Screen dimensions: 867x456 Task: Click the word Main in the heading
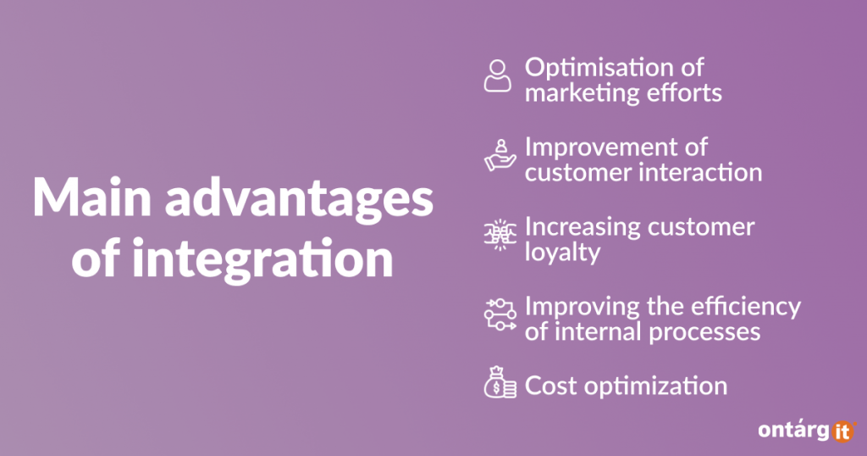[x=91, y=197]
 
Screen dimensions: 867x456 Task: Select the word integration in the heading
[x=262, y=259]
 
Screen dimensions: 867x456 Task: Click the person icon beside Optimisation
[x=498, y=75]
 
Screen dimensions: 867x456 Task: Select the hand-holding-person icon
[x=500, y=155]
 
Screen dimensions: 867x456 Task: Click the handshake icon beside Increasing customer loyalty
[x=500, y=235]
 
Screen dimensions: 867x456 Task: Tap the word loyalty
[x=562, y=253]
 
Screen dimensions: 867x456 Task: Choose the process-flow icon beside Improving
[x=500, y=314]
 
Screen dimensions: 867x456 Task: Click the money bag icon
[x=500, y=382]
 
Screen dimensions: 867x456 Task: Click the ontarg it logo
[x=807, y=431]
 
